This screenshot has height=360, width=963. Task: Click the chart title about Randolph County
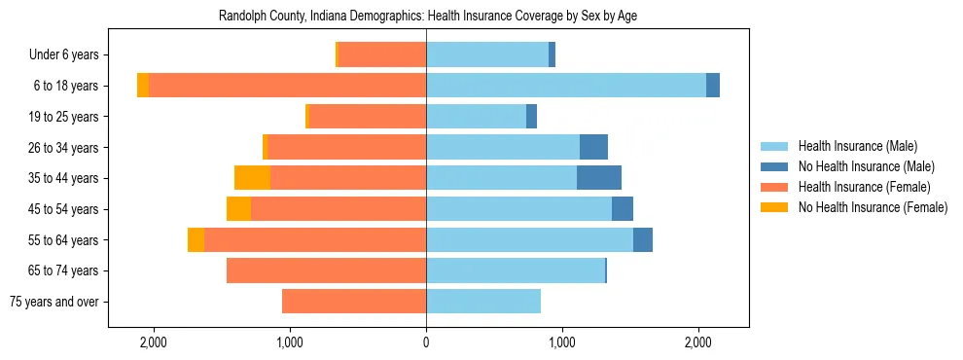[x=428, y=17]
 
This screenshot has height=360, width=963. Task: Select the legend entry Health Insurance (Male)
[x=857, y=146]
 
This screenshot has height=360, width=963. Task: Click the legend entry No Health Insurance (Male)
[x=866, y=166]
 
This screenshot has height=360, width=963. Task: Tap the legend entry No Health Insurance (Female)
[x=873, y=207]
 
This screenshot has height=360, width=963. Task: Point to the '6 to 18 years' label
[x=65, y=86]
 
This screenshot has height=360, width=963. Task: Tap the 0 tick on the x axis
[x=426, y=342]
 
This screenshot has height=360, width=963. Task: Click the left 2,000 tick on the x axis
[x=154, y=342]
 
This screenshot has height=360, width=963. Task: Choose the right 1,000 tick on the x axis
[x=562, y=342]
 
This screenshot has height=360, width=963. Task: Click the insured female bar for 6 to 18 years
[x=287, y=86]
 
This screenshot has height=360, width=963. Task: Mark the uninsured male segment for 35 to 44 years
[x=599, y=178]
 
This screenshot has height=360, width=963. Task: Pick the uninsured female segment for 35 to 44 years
[x=252, y=178]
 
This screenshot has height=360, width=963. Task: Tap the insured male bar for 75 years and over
[x=483, y=302]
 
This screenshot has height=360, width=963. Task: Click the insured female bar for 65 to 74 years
[x=326, y=270]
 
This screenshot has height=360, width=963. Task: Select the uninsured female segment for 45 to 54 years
[x=238, y=209]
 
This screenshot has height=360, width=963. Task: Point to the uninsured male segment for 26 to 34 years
[x=593, y=147]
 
